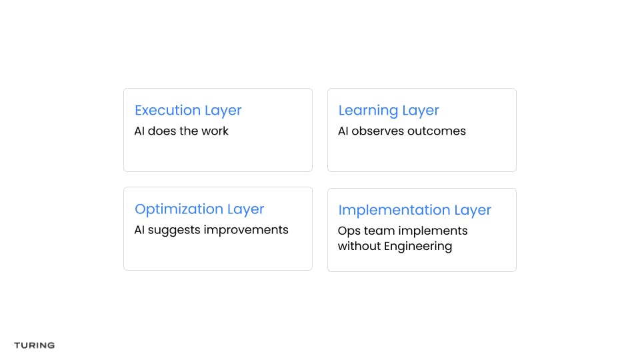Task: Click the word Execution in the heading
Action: coord(167,110)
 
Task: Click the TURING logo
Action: coord(34,345)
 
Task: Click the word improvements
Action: coord(246,230)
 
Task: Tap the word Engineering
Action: coord(418,247)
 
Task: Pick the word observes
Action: coord(377,131)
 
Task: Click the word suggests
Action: coord(174,231)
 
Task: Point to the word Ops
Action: coord(349,231)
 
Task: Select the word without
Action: coord(359,246)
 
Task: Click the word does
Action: coord(161,131)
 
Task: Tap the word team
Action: coord(379,231)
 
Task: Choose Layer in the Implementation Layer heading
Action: coord(473,211)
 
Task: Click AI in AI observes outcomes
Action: coord(343,131)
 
